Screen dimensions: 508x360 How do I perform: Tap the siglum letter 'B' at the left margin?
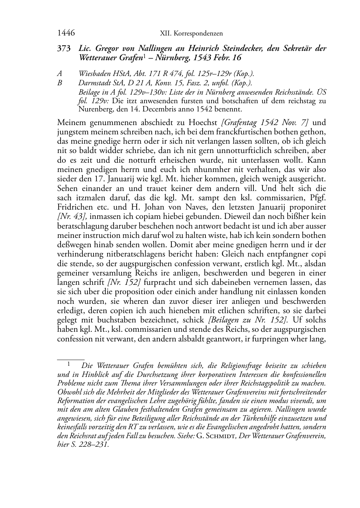coord(60,83)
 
